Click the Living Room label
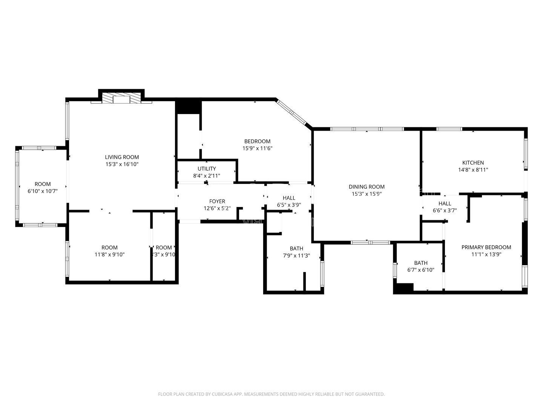pyautogui.click(x=121, y=157)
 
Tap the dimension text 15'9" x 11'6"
pyautogui.click(x=257, y=148)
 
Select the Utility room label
pyautogui.click(x=207, y=168)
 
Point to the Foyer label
pyautogui.click(x=217, y=201)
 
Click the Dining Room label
pyautogui.click(x=366, y=187)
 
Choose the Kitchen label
pyautogui.click(x=473, y=163)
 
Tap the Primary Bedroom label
pyautogui.click(x=486, y=247)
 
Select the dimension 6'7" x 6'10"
pyautogui.click(x=420, y=270)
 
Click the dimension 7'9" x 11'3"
pyautogui.click(x=296, y=255)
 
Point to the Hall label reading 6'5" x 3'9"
pyautogui.click(x=289, y=198)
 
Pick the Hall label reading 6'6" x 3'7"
pyautogui.click(x=445, y=204)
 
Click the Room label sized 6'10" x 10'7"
pyautogui.click(x=43, y=184)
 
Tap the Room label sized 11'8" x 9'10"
pyautogui.click(x=109, y=248)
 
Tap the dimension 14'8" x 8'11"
pyautogui.click(x=473, y=170)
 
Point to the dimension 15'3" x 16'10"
pyautogui.click(x=121, y=164)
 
